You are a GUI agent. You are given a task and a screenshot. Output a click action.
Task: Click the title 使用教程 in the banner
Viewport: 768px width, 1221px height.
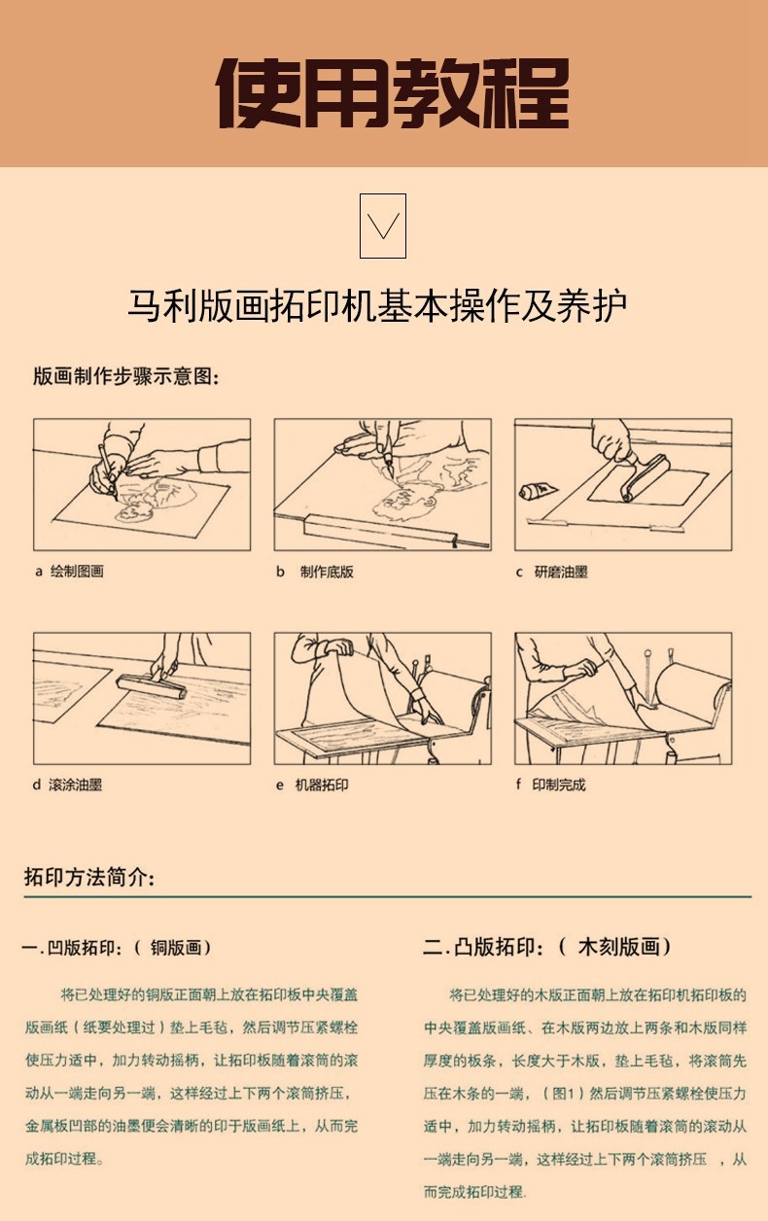click(x=394, y=92)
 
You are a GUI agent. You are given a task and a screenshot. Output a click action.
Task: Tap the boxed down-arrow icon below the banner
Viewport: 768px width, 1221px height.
click(x=383, y=226)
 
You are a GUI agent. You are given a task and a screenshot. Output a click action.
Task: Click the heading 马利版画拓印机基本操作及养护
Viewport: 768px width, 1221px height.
click(x=377, y=305)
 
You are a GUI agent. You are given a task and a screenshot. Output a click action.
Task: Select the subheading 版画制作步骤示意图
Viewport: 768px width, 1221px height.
click(x=126, y=376)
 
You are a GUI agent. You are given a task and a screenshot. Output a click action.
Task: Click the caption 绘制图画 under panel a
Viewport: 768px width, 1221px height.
click(x=77, y=572)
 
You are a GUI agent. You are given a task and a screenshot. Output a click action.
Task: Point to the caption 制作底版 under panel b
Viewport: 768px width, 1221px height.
click(x=327, y=572)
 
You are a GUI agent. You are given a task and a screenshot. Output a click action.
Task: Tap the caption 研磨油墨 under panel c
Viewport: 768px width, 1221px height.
click(x=561, y=572)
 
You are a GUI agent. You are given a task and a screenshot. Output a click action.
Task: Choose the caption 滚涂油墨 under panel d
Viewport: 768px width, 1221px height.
click(x=75, y=785)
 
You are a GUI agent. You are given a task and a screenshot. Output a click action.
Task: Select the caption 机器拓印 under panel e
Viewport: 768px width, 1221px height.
click(x=322, y=785)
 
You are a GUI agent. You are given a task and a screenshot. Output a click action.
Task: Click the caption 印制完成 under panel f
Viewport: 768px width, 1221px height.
click(x=559, y=785)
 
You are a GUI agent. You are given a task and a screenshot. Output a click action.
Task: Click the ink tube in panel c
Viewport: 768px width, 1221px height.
click(x=538, y=491)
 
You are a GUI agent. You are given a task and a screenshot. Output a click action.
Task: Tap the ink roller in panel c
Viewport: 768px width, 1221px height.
click(x=646, y=478)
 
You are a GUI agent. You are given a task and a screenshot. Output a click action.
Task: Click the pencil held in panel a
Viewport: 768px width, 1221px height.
click(x=107, y=470)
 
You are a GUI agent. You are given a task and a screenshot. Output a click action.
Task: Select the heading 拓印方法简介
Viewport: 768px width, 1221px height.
click(x=89, y=877)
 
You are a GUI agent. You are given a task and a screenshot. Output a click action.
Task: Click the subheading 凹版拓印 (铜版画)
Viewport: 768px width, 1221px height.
click(x=116, y=948)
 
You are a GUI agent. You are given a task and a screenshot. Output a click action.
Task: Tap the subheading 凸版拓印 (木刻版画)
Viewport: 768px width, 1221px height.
click(x=546, y=947)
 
